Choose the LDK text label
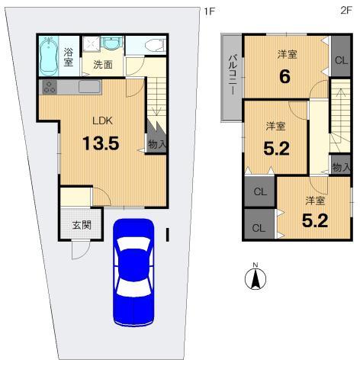click(x=102, y=120)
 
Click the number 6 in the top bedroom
click(x=286, y=77)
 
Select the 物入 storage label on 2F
click(x=341, y=166)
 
